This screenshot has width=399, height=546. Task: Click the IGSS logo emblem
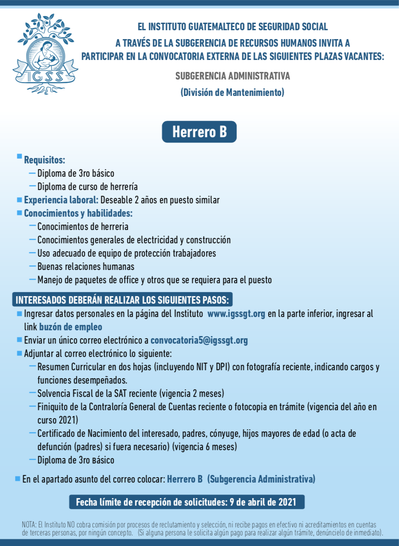(45, 54)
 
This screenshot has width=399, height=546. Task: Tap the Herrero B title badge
(199, 132)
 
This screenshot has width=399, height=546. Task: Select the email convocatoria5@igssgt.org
(199, 340)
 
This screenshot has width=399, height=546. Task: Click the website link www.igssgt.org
(236, 314)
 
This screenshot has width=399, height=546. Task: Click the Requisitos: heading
(44, 160)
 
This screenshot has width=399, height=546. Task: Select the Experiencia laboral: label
(61, 200)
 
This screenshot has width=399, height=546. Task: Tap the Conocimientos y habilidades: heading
(78, 213)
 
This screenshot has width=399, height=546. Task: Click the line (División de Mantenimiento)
(232, 93)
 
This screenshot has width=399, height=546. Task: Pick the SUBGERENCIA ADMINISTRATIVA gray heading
(233, 76)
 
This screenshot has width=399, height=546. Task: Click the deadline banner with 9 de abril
(187, 502)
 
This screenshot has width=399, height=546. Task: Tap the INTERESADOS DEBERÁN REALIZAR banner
(122, 299)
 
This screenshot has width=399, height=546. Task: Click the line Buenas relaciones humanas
(86, 267)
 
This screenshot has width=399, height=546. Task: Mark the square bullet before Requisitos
(19, 157)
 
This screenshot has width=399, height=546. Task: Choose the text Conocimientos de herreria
(83, 226)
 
